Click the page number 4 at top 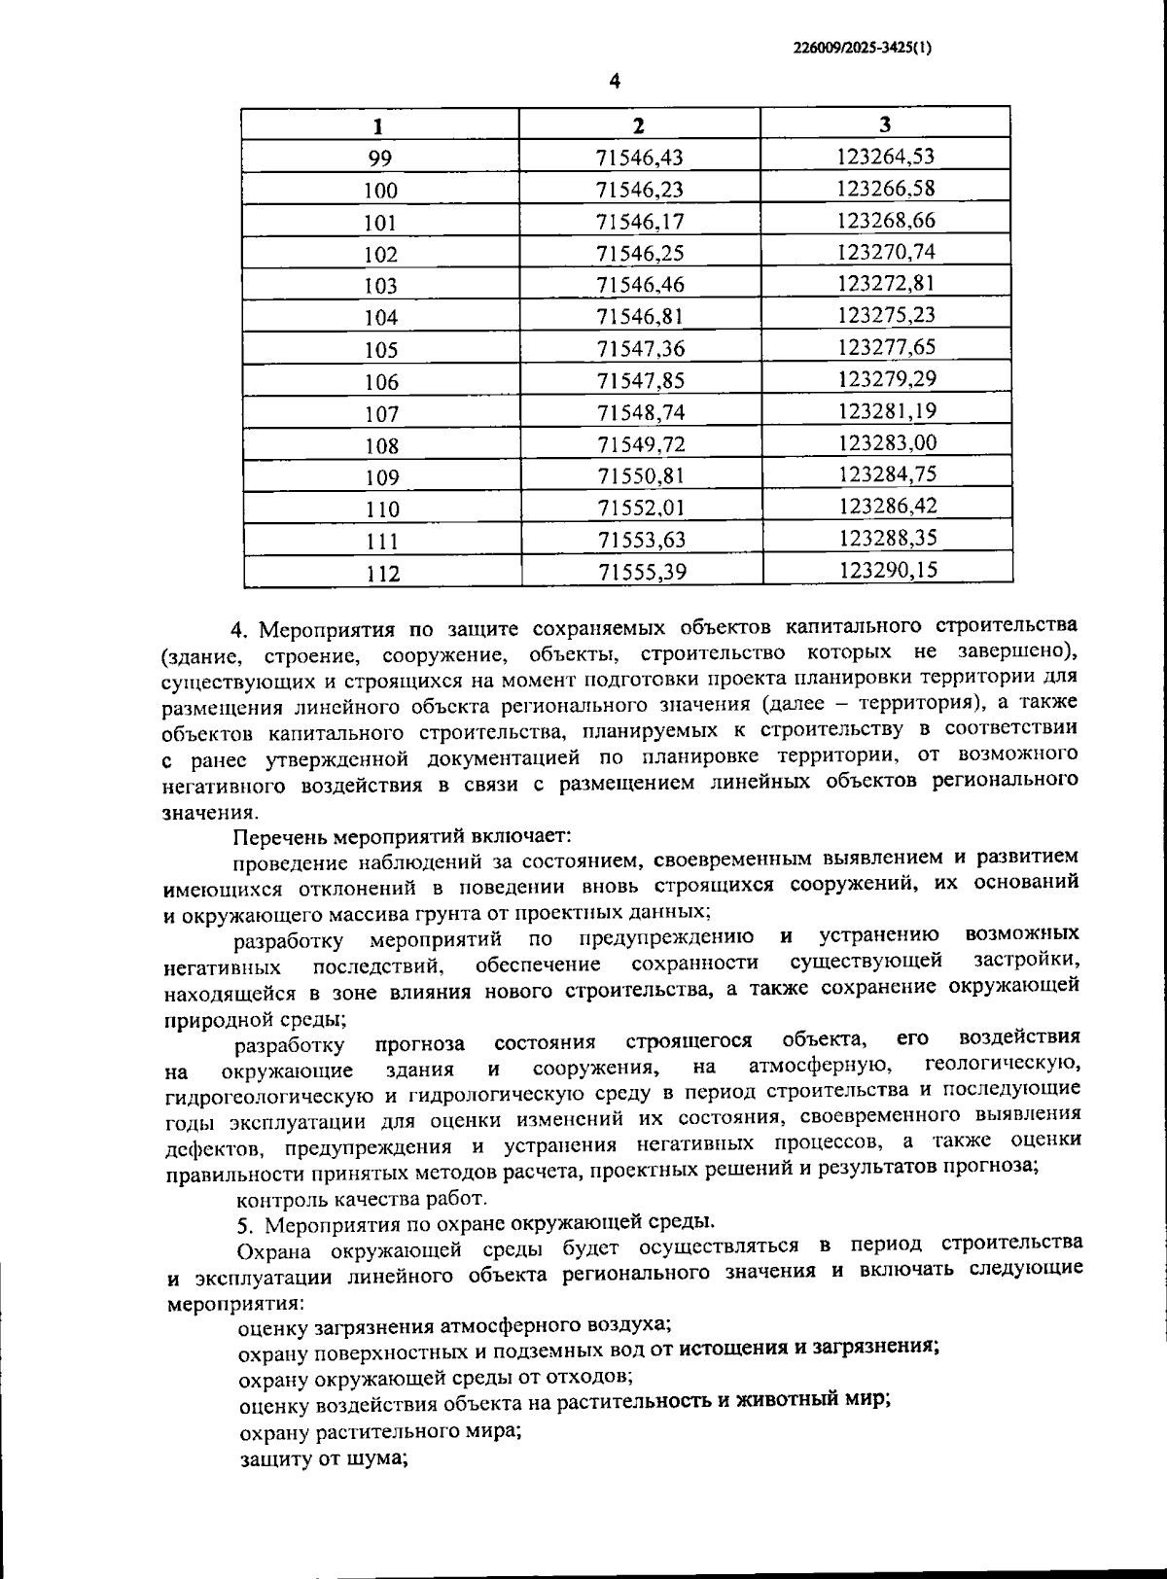click(614, 81)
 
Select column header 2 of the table click(638, 124)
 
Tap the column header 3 click(885, 123)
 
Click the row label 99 click(380, 158)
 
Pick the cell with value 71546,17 click(640, 221)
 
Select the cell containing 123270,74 click(886, 252)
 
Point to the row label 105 click(380, 349)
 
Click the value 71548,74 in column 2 click(640, 412)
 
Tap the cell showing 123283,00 click(886, 442)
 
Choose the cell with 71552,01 click(640, 508)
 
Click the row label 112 click(382, 573)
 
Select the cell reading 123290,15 click(887, 570)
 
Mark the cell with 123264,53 click(886, 157)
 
